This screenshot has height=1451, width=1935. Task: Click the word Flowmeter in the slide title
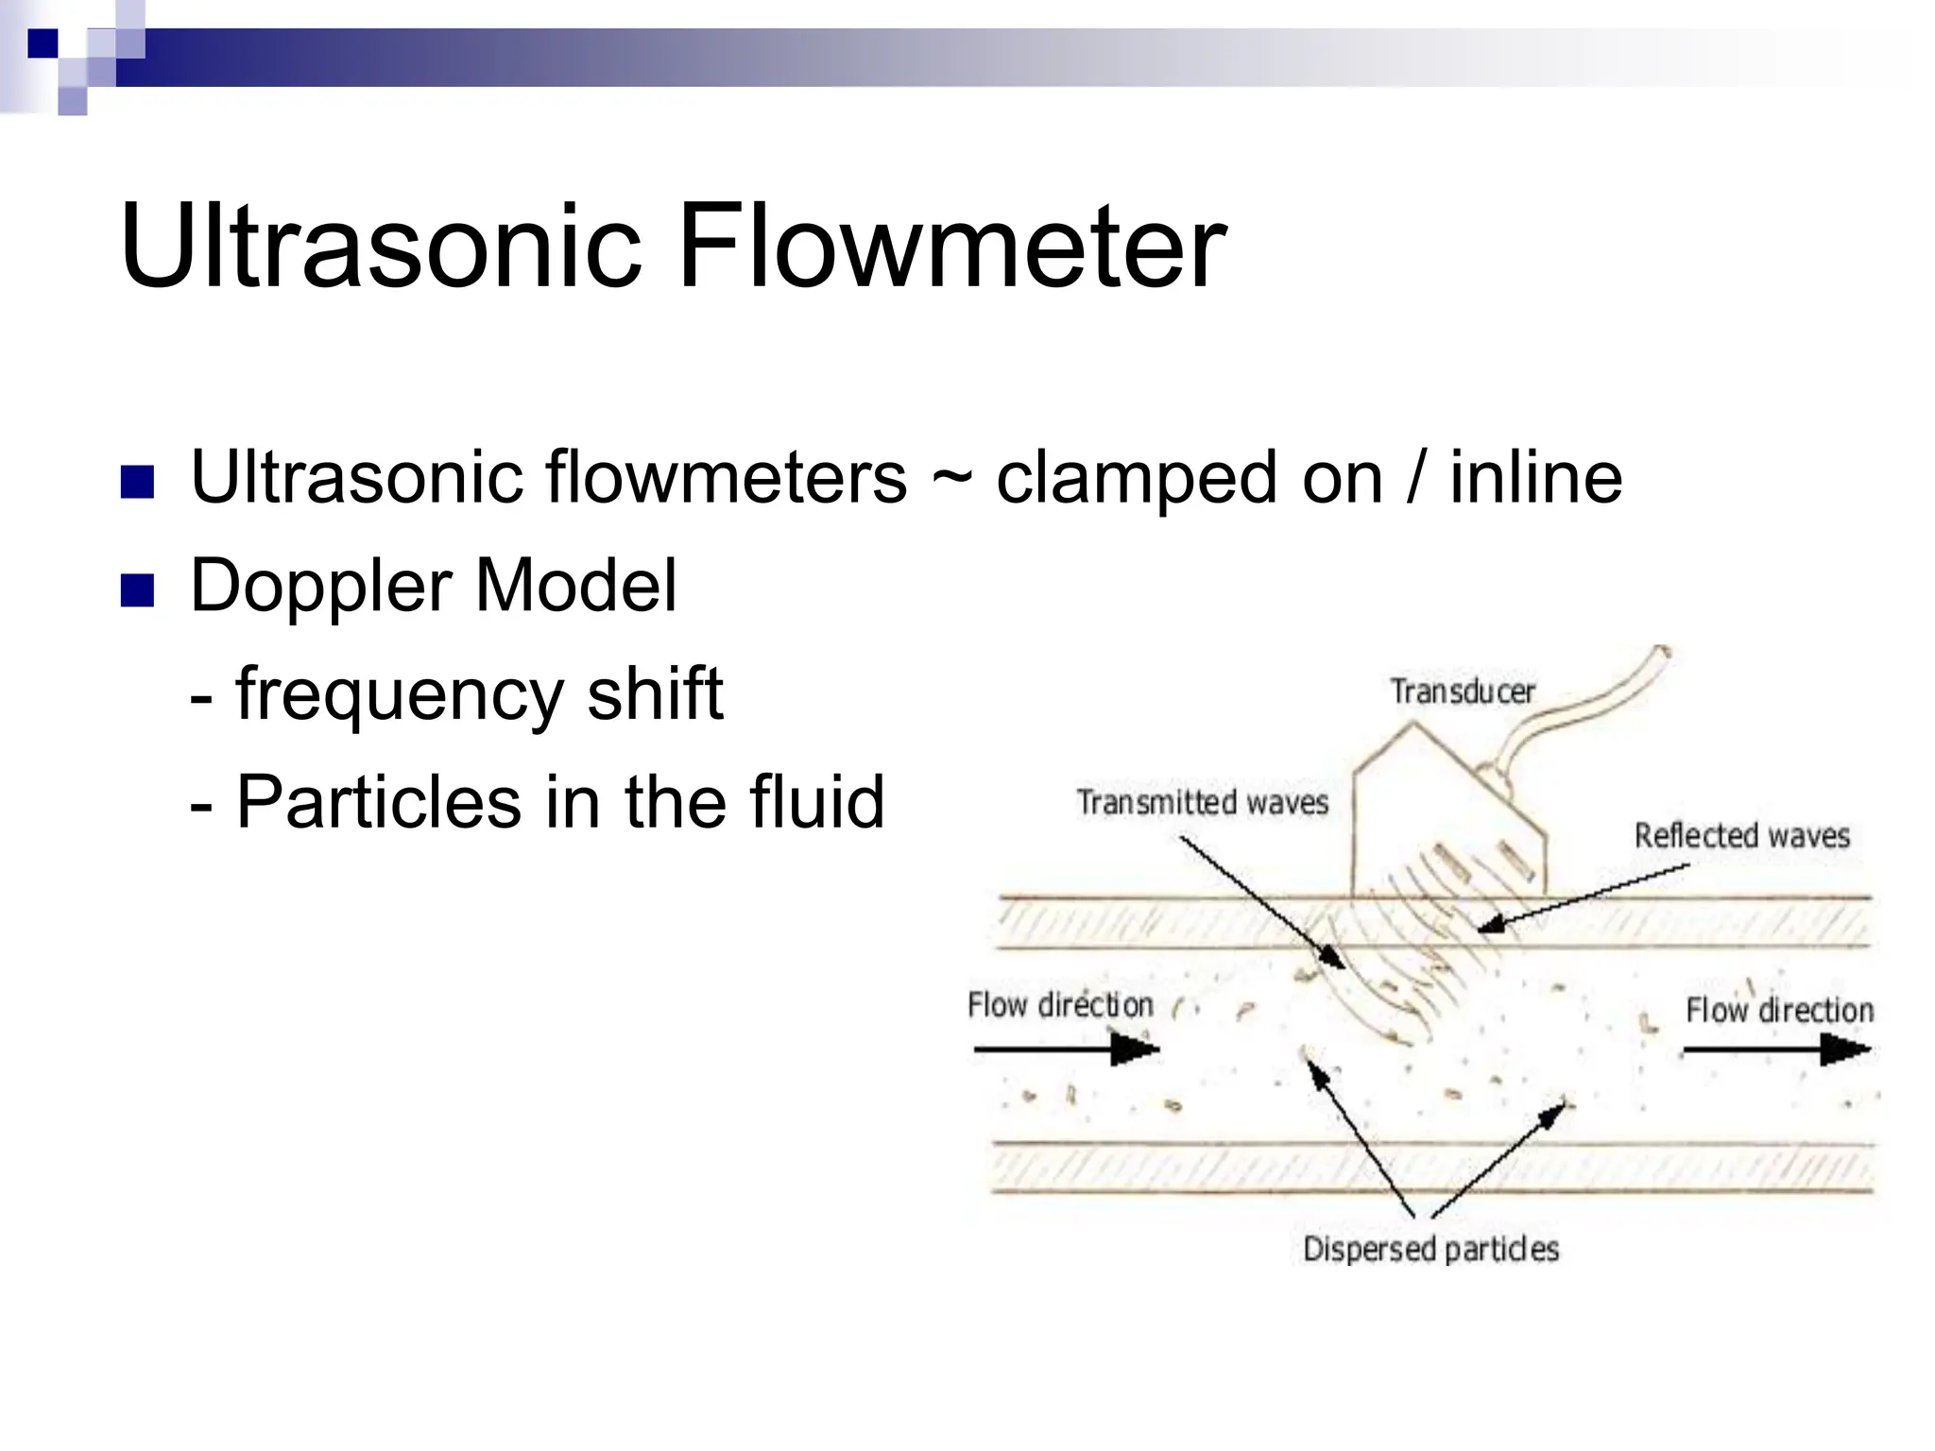pyautogui.click(x=950, y=248)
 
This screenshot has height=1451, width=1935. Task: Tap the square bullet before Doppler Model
pyautogui.click(x=137, y=590)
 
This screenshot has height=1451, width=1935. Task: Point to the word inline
pyautogui.click(x=1535, y=477)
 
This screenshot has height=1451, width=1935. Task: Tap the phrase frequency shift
pyautogui.click(x=477, y=694)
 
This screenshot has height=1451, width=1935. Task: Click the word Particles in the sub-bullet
pyautogui.click(x=377, y=801)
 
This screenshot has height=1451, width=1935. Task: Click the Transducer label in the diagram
pyautogui.click(x=1463, y=691)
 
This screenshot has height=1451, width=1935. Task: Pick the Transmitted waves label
pyautogui.click(x=1202, y=802)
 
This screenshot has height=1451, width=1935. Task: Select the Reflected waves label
pyautogui.click(x=1741, y=835)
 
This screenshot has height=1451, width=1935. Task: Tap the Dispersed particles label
pyautogui.click(x=1430, y=1249)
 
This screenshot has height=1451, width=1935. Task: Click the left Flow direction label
pyautogui.click(x=1059, y=1004)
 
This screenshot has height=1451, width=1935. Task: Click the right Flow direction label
pyautogui.click(x=1779, y=1010)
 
